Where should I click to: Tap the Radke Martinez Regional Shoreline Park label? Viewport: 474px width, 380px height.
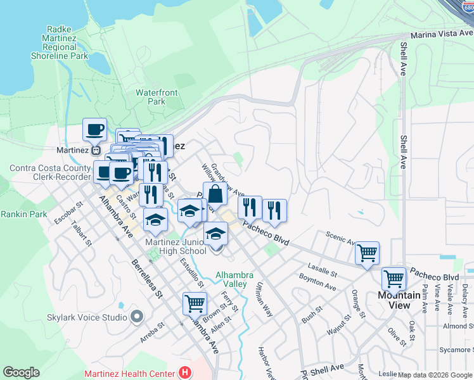[60, 42]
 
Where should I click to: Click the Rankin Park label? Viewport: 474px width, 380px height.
[23, 214]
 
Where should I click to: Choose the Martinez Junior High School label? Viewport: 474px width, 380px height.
[176, 246]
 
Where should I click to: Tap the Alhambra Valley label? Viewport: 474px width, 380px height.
[234, 279]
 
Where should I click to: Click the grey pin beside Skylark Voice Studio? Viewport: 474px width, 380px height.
[136, 316]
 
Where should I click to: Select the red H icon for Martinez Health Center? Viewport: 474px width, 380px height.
[185, 373]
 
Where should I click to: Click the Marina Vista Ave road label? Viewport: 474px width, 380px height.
[441, 35]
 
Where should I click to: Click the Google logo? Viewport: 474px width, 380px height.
[21, 372]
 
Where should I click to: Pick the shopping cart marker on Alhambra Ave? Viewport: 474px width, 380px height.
[195, 303]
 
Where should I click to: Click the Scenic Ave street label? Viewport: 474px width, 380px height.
[341, 237]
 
